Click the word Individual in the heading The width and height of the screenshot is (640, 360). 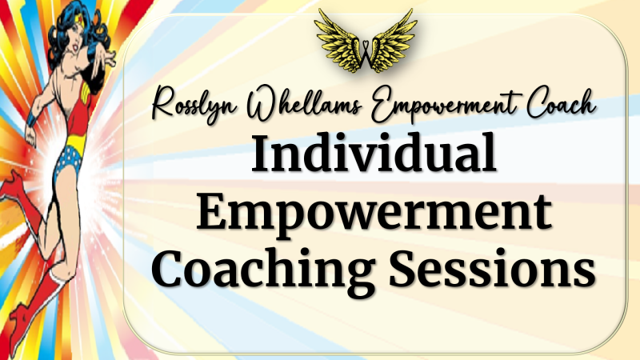click(374, 154)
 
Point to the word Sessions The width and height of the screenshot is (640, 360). click(493, 267)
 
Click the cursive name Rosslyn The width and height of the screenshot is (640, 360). click(194, 104)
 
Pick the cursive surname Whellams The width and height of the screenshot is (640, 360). click(304, 102)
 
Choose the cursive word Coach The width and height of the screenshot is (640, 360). click(562, 103)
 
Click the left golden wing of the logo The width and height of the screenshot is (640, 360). click(338, 42)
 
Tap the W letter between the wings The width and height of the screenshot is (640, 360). click(366, 55)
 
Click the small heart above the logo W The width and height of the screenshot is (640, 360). click(366, 42)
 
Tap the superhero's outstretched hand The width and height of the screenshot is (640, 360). click(109, 56)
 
